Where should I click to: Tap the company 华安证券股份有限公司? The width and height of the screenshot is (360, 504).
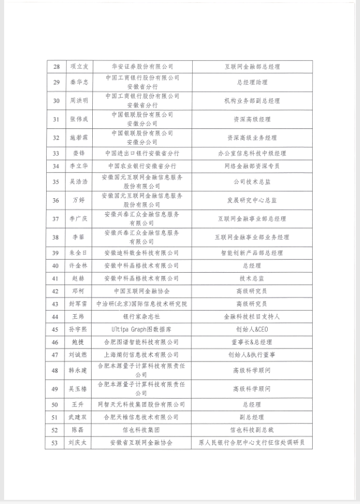click(142, 67)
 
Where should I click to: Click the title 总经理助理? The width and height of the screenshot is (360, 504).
click(252, 83)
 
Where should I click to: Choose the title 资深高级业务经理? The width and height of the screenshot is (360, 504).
click(252, 137)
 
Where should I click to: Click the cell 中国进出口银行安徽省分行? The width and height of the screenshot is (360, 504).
click(142, 153)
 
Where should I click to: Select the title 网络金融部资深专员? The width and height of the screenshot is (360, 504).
click(252, 166)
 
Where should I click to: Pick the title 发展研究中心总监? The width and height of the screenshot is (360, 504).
click(252, 200)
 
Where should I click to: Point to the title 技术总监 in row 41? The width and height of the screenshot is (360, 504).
click(252, 278)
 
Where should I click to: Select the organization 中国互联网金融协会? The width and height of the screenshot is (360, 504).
click(142, 291)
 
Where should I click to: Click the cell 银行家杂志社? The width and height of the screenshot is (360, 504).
click(142, 316)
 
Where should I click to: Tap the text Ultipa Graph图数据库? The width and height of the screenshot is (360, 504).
click(142, 329)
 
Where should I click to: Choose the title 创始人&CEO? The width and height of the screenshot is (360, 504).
click(252, 329)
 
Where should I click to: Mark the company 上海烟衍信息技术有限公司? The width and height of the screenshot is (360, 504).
click(142, 354)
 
